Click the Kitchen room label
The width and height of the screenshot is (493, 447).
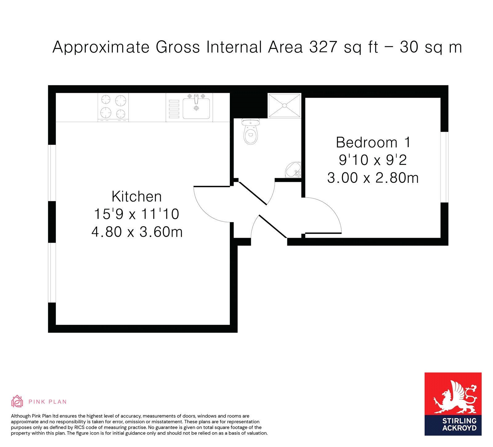(x=136, y=196)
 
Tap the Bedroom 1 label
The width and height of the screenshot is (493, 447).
(x=373, y=142)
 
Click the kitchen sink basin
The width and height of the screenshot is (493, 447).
(x=196, y=108)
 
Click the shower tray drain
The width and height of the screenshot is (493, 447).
(x=284, y=105)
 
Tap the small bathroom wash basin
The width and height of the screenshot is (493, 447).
(x=293, y=170)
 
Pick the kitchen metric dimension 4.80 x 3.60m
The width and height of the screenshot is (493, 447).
(x=137, y=232)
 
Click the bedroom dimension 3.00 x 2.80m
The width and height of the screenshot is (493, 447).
(x=373, y=178)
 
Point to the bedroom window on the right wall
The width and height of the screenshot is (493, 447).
(x=444, y=167)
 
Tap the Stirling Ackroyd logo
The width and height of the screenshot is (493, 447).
(x=453, y=404)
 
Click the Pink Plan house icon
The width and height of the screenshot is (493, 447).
(x=17, y=401)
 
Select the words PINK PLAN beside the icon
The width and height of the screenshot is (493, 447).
(x=47, y=402)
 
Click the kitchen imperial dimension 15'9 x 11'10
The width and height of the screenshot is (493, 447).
(x=136, y=214)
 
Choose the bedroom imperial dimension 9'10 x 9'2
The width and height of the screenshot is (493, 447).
(x=373, y=160)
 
